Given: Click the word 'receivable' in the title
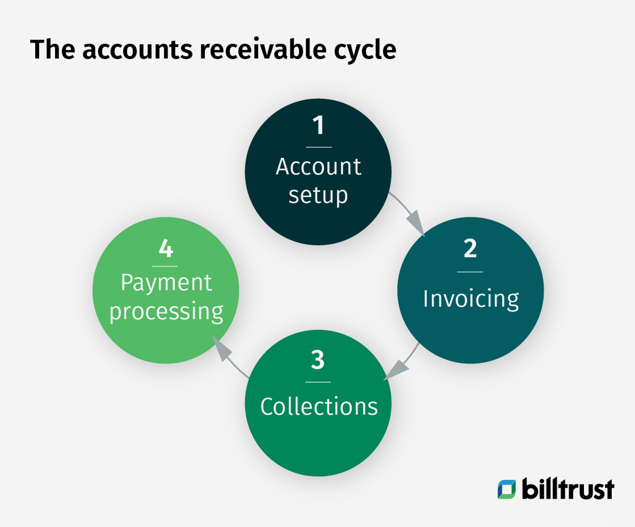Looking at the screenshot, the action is [x=263, y=49].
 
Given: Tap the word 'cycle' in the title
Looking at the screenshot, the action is [x=365, y=52].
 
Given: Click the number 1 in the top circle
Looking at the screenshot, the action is [x=318, y=125].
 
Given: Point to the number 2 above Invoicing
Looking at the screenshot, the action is [x=470, y=248].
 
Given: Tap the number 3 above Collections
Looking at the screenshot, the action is [x=318, y=360].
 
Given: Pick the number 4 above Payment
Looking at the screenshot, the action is [x=166, y=248].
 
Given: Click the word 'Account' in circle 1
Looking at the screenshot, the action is [x=318, y=167].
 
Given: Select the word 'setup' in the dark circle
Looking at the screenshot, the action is [x=318, y=196].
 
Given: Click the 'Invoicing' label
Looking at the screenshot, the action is [x=471, y=299].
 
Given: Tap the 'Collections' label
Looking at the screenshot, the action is [x=318, y=406].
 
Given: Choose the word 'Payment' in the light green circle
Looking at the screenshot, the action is [x=166, y=283].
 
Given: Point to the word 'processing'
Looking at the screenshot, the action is [x=166, y=312].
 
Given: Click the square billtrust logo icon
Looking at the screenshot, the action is [x=507, y=489].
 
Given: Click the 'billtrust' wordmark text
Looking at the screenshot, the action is [x=568, y=488].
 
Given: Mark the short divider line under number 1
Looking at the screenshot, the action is [x=318, y=147].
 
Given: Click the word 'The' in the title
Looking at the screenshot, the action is [x=53, y=49].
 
